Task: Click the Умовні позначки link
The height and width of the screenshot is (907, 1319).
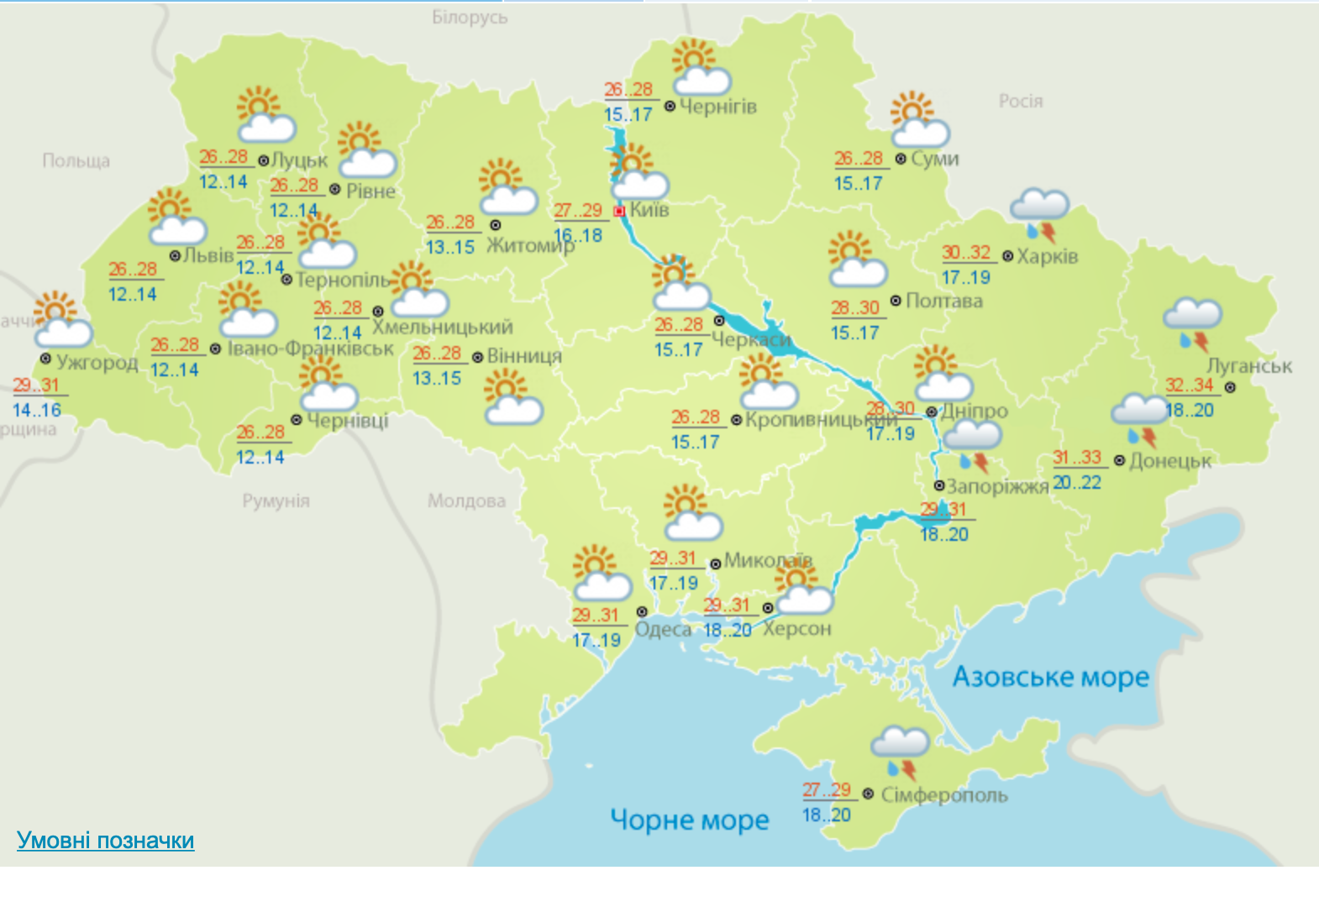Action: pos(105,841)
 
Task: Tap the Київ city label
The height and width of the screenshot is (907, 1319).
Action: pos(649,209)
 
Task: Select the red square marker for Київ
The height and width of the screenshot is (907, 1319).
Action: pos(620,212)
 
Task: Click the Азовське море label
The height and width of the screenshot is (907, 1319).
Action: pos(1050,677)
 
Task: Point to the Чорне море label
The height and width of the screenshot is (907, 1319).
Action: pos(689,820)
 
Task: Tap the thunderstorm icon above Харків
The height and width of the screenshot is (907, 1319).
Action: pos(1039,213)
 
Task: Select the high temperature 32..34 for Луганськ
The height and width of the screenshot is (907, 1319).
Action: pos(1189,385)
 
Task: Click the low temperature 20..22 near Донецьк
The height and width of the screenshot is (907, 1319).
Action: pos(1076,483)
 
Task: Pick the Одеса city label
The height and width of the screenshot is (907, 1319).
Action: pos(663,629)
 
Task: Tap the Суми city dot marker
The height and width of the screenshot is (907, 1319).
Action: pos(901,159)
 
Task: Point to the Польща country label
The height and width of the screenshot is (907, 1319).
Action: pos(76,160)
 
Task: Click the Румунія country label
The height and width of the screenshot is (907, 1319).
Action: pos(276,501)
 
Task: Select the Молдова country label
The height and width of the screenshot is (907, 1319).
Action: pos(466,501)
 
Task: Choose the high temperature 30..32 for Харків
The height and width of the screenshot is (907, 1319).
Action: pos(966,253)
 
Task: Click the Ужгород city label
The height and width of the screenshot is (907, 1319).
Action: pos(97,363)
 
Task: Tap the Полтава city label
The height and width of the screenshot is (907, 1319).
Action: pos(943,301)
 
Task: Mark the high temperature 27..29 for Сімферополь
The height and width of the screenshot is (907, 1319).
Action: pos(827,790)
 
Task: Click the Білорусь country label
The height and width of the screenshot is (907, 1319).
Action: pos(470,18)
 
